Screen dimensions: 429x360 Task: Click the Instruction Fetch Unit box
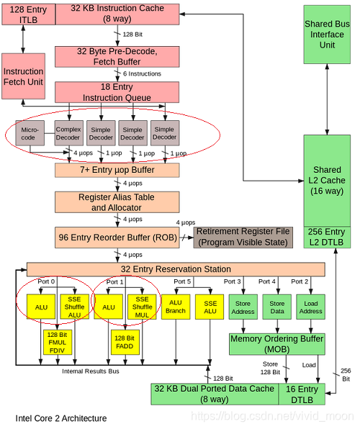(x=23, y=77)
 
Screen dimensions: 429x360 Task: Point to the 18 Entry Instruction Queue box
(x=117, y=91)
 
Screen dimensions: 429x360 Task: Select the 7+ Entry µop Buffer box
(x=117, y=170)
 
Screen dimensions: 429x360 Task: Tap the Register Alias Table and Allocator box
(x=117, y=202)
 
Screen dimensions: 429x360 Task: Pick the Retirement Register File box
(x=243, y=236)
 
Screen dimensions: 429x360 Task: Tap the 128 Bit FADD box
(x=125, y=342)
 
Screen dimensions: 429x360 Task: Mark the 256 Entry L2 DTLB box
(x=327, y=238)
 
